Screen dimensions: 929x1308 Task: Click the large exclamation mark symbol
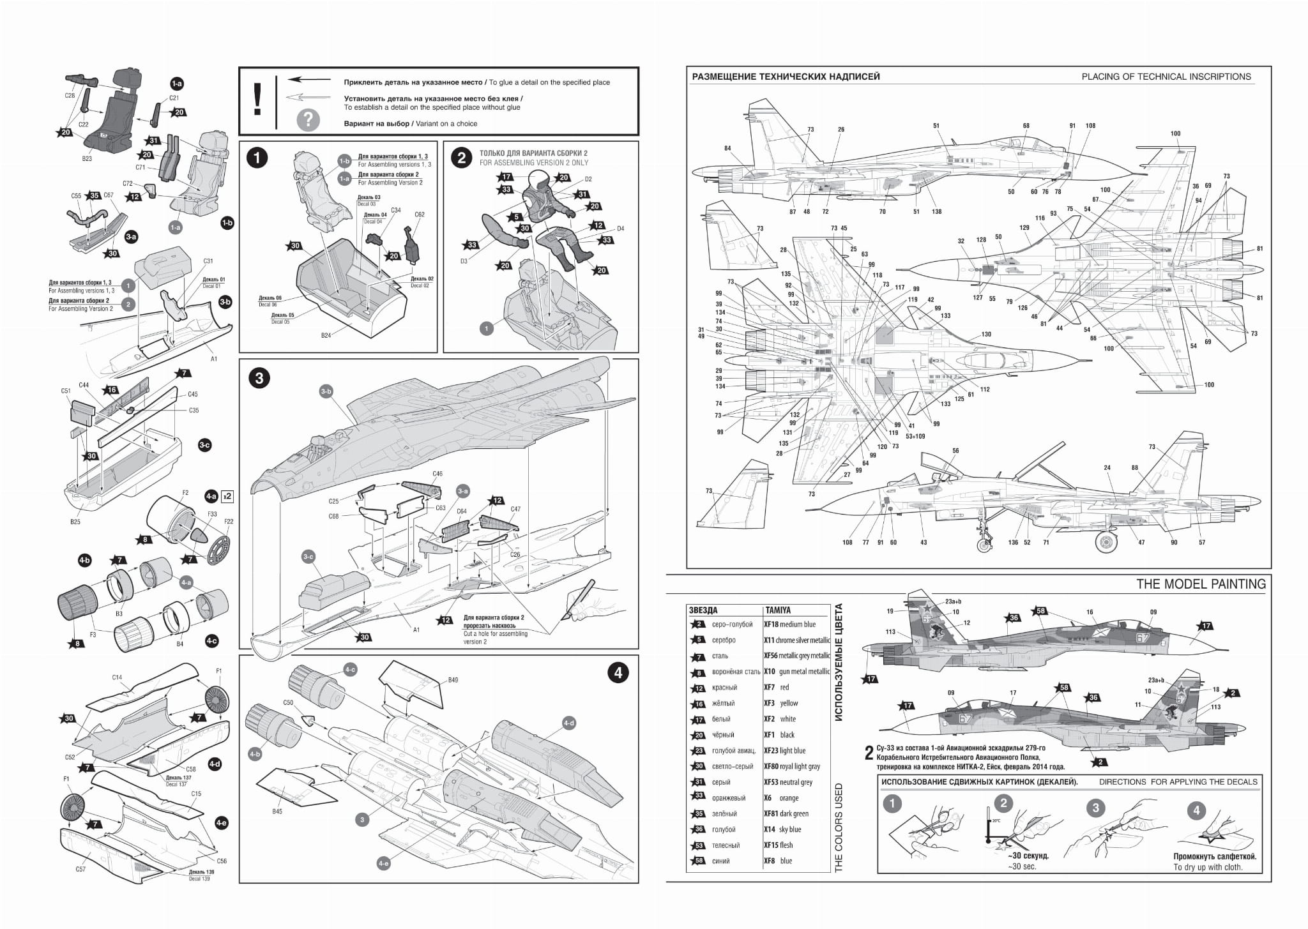[x=257, y=101]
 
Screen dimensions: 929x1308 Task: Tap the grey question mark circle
[x=308, y=119]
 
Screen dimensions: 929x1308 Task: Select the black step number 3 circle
[x=259, y=378]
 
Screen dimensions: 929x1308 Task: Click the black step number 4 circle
[x=617, y=673]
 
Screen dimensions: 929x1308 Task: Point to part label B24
[x=326, y=335]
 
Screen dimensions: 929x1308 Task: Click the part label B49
[x=453, y=680]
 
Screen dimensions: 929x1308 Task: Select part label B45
[x=277, y=812]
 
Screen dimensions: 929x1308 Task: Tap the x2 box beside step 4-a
[x=227, y=495]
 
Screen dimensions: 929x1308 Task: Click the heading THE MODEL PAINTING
[x=1201, y=584]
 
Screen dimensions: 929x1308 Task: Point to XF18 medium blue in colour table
[x=790, y=624]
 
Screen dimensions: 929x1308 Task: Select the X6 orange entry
[x=781, y=798]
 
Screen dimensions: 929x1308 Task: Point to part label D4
[x=620, y=229]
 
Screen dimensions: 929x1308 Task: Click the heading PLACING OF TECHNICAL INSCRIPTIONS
[x=1166, y=77]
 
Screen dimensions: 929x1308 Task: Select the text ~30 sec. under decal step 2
[x=1022, y=866]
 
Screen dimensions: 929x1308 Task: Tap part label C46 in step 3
[x=437, y=474]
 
